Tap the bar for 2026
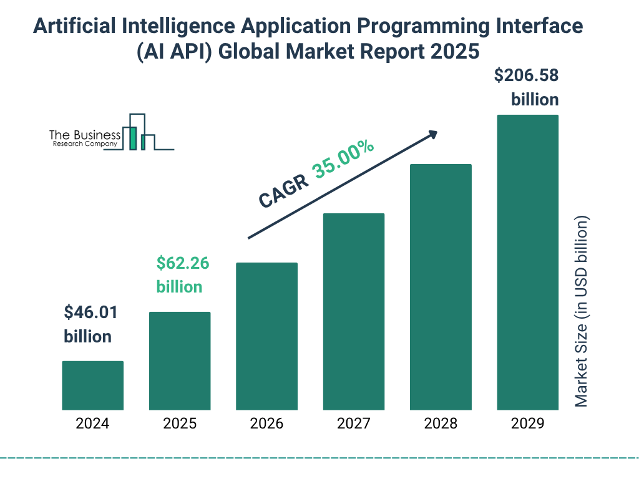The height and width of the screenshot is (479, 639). click(266, 336)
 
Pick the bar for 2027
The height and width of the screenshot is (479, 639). click(353, 312)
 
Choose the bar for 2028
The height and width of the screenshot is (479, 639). click(441, 287)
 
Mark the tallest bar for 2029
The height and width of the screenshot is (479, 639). click(527, 262)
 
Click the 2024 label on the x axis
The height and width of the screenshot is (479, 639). click(92, 424)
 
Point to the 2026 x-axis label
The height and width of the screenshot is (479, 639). click(266, 424)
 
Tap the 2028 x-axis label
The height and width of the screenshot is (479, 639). click(441, 424)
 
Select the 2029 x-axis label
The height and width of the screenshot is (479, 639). click(527, 424)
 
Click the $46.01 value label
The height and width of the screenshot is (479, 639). click(91, 312)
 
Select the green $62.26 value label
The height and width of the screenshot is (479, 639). click(182, 263)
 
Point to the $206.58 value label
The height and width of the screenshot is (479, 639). click(526, 75)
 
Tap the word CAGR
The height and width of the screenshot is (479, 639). click(284, 190)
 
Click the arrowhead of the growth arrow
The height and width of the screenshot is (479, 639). click(432, 134)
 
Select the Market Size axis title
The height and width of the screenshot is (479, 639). click(582, 312)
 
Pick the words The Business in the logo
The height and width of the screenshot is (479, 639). click(85, 135)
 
